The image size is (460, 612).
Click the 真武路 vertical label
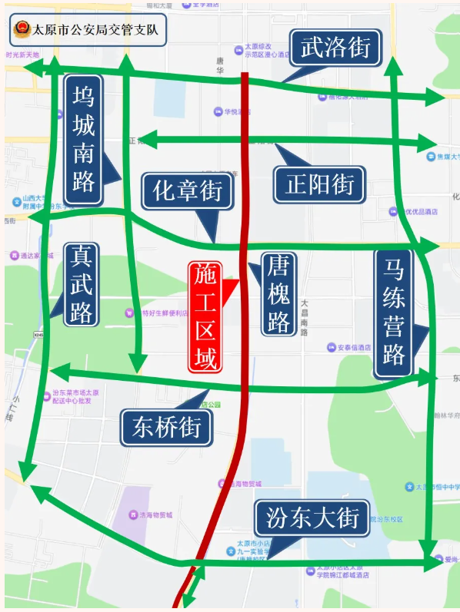pos(81,283)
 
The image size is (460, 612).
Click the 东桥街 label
pos(166,427)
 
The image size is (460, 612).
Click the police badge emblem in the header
pos(22,31)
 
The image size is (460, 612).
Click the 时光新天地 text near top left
pos(22,55)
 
